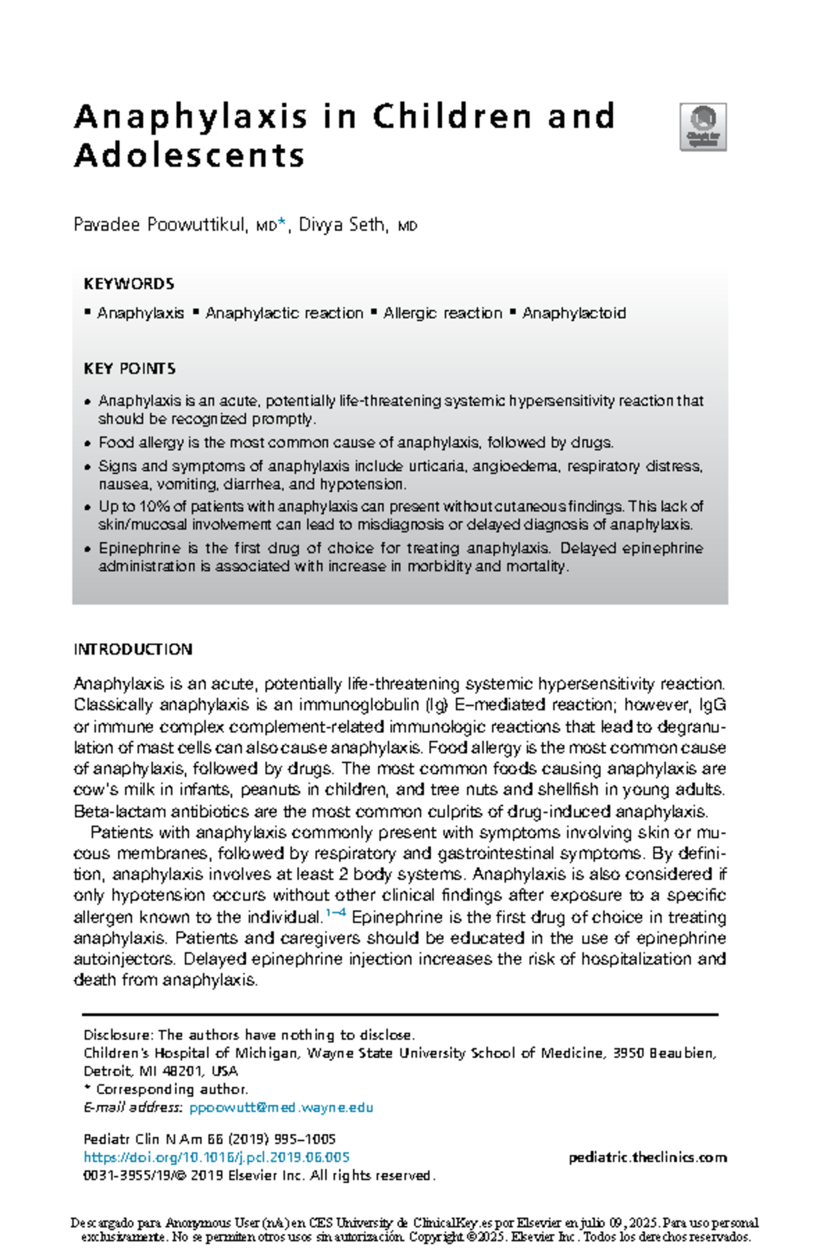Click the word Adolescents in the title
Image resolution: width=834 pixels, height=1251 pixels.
[189, 155]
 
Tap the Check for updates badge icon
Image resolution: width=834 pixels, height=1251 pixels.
[703, 127]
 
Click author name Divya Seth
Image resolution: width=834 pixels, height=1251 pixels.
[341, 225]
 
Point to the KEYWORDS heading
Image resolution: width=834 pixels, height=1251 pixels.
[129, 284]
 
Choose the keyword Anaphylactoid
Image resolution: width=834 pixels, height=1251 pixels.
[574, 313]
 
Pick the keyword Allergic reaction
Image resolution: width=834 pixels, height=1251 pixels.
[442, 313]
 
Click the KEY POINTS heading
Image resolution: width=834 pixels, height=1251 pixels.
[129, 368]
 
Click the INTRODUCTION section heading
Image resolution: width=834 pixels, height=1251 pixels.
[133, 649]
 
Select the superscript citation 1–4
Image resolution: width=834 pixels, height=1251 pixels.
[336, 913]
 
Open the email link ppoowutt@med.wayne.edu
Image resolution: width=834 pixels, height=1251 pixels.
[281, 1107]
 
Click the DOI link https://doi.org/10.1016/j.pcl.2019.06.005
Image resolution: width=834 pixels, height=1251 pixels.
[216, 1157]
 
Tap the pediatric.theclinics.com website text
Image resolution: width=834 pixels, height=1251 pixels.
[647, 1157]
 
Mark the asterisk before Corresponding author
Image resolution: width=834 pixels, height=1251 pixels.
[87, 1088]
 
